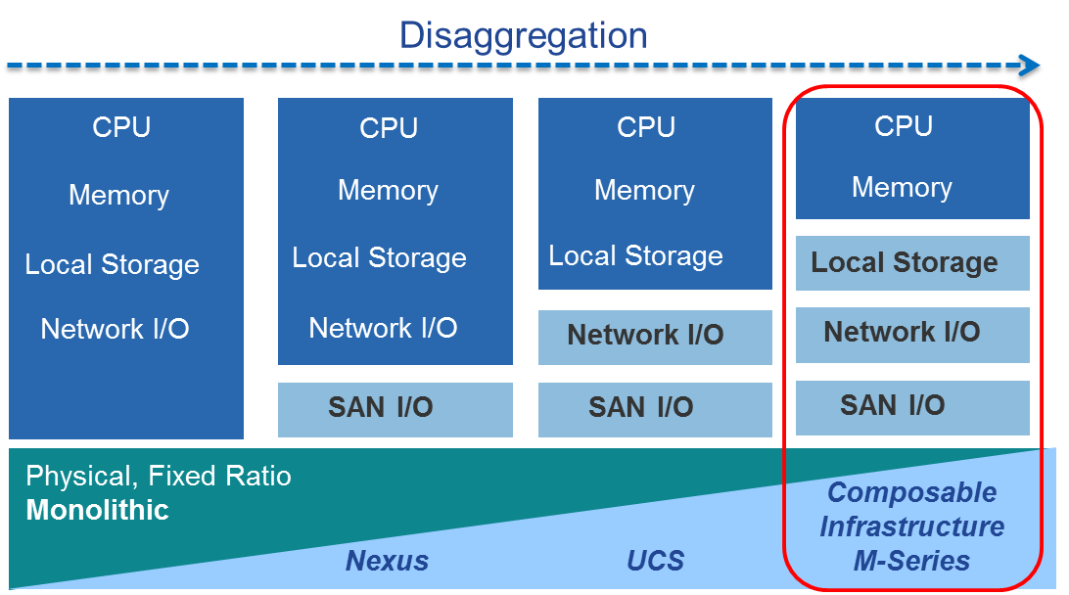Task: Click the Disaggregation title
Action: (523, 36)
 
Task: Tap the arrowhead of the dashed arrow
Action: (1030, 66)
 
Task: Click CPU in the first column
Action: (121, 127)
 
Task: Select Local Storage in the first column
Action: (112, 264)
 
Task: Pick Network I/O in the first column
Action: (115, 329)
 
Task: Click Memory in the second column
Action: (388, 190)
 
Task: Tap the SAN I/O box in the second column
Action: (395, 409)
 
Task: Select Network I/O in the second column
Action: (383, 328)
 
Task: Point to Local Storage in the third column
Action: (635, 256)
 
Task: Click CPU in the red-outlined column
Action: (903, 126)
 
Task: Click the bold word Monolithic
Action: (97, 510)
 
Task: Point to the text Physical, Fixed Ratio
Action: (159, 477)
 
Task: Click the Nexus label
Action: (387, 561)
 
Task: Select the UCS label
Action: (655, 561)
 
